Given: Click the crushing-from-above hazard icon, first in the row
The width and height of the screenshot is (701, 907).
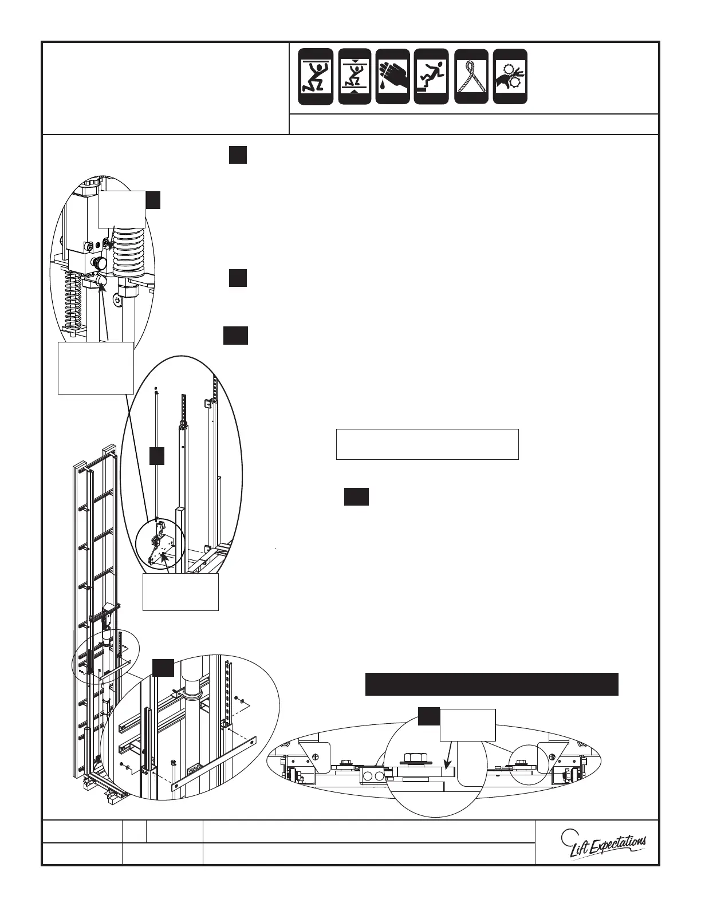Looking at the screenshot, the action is (315, 77).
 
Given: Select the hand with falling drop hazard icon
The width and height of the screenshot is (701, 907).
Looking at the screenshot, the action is (392, 77).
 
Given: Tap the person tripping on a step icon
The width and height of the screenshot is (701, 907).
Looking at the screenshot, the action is (431, 77).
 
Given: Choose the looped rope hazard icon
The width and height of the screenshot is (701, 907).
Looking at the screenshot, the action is (471, 77).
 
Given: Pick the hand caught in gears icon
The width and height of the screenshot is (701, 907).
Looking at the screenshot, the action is (510, 77).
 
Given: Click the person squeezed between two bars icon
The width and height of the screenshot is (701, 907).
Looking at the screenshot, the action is (355, 77).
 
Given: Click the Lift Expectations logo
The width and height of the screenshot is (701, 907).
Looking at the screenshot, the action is (604, 843).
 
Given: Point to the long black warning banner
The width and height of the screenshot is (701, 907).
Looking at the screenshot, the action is (491, 684).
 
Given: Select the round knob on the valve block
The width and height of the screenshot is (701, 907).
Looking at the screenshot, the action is (101, 264).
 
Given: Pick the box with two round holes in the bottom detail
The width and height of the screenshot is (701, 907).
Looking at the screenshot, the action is (371, 776).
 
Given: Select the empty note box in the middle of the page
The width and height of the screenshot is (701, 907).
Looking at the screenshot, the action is (427, 444).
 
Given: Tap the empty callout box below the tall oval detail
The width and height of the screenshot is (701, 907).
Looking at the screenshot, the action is (180, 592).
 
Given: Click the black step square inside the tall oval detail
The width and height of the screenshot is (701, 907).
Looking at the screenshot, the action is (157, 456).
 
